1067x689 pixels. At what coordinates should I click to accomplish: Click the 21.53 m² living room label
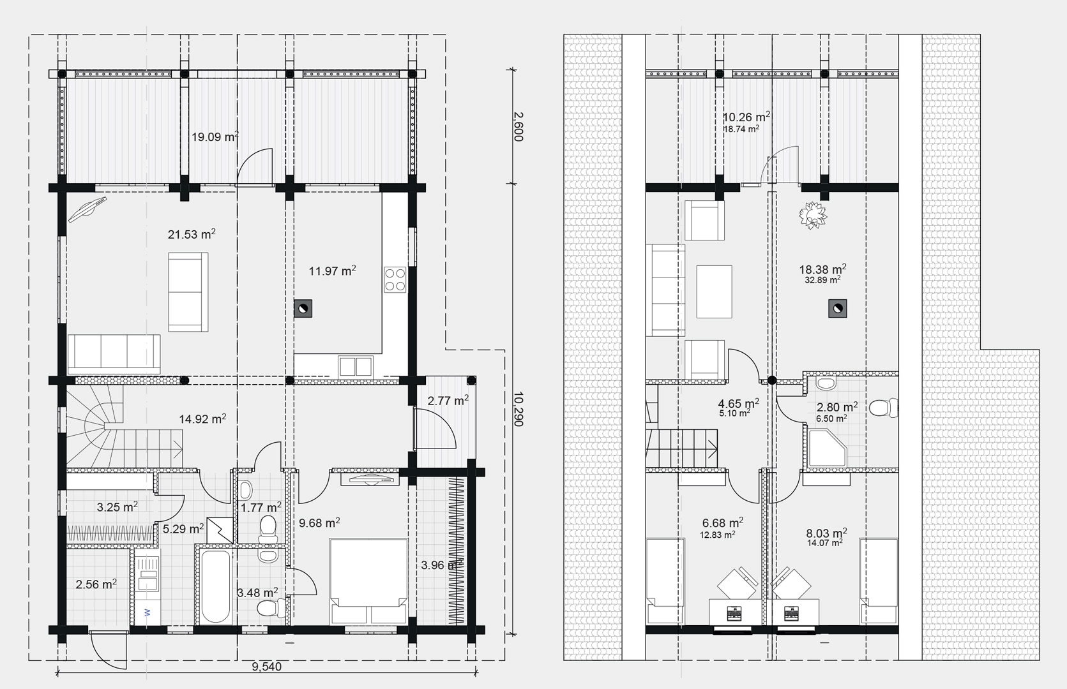point(192,234)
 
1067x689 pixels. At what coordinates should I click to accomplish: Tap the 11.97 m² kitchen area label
point(333,271)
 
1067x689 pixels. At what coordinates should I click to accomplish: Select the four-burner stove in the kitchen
point(395,280)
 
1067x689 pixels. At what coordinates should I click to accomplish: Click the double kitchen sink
point(356,367)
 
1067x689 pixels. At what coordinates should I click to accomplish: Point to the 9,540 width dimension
point(267,667)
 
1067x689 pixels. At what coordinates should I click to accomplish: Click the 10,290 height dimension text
point(518,409)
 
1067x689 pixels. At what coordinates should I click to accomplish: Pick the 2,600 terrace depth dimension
point(518,126)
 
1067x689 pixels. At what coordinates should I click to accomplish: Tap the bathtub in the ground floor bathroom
point(216,586)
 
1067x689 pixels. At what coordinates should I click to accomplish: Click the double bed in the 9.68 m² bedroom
point(368,581)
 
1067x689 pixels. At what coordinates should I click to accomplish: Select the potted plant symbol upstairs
point(813,216)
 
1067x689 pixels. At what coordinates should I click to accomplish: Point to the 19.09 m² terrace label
point(215,137)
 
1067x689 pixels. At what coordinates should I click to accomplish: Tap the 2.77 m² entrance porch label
point(448,401)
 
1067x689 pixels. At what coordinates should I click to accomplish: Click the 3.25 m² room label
point(117,507)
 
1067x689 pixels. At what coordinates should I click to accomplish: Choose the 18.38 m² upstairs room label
point(822,269)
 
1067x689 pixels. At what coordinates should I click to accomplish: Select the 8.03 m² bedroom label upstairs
point(826,533)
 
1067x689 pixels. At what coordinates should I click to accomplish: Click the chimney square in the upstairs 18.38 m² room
point(837,309)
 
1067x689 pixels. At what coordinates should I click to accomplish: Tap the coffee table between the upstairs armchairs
point(714,292)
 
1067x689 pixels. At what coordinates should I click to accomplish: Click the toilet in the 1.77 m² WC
point(268,529)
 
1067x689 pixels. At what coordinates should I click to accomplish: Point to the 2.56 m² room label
point(96,584)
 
